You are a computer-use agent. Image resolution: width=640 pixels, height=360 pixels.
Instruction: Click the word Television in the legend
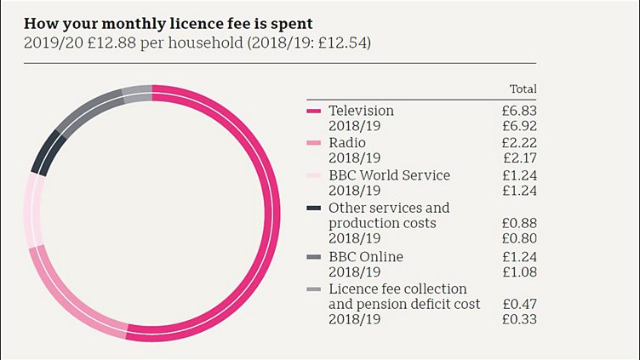tap(361, 111)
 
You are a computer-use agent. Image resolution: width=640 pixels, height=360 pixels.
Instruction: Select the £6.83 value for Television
tap(519, 111)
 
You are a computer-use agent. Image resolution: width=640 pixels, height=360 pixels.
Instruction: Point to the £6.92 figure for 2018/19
tap(519, 126)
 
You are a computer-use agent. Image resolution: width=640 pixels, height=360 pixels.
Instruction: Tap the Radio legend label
tap(348, 142)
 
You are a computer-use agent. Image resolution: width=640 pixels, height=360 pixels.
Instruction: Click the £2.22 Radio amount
tap(519, 142)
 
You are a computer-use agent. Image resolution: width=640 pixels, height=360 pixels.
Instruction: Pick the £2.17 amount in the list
tap(519, 158)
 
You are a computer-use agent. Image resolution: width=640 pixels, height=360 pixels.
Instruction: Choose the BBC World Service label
tap(389, 175)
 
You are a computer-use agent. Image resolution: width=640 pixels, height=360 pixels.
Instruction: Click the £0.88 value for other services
tap(519, 223)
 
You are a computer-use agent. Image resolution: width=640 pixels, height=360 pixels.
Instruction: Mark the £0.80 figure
tap(519, 239)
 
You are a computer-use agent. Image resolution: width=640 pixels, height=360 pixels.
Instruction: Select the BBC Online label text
tap(366, 256)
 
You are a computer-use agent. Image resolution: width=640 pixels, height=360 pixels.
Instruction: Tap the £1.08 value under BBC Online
tap(519, 272)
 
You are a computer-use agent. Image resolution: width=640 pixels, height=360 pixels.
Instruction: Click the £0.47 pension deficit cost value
tap(519, 304)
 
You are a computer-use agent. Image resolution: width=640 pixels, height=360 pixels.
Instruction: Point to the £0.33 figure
tap(519, 320)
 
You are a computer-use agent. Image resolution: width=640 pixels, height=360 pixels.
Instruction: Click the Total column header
tap(523, 89)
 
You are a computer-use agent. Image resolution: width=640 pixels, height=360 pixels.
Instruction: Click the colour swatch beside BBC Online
tap(312, 257)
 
